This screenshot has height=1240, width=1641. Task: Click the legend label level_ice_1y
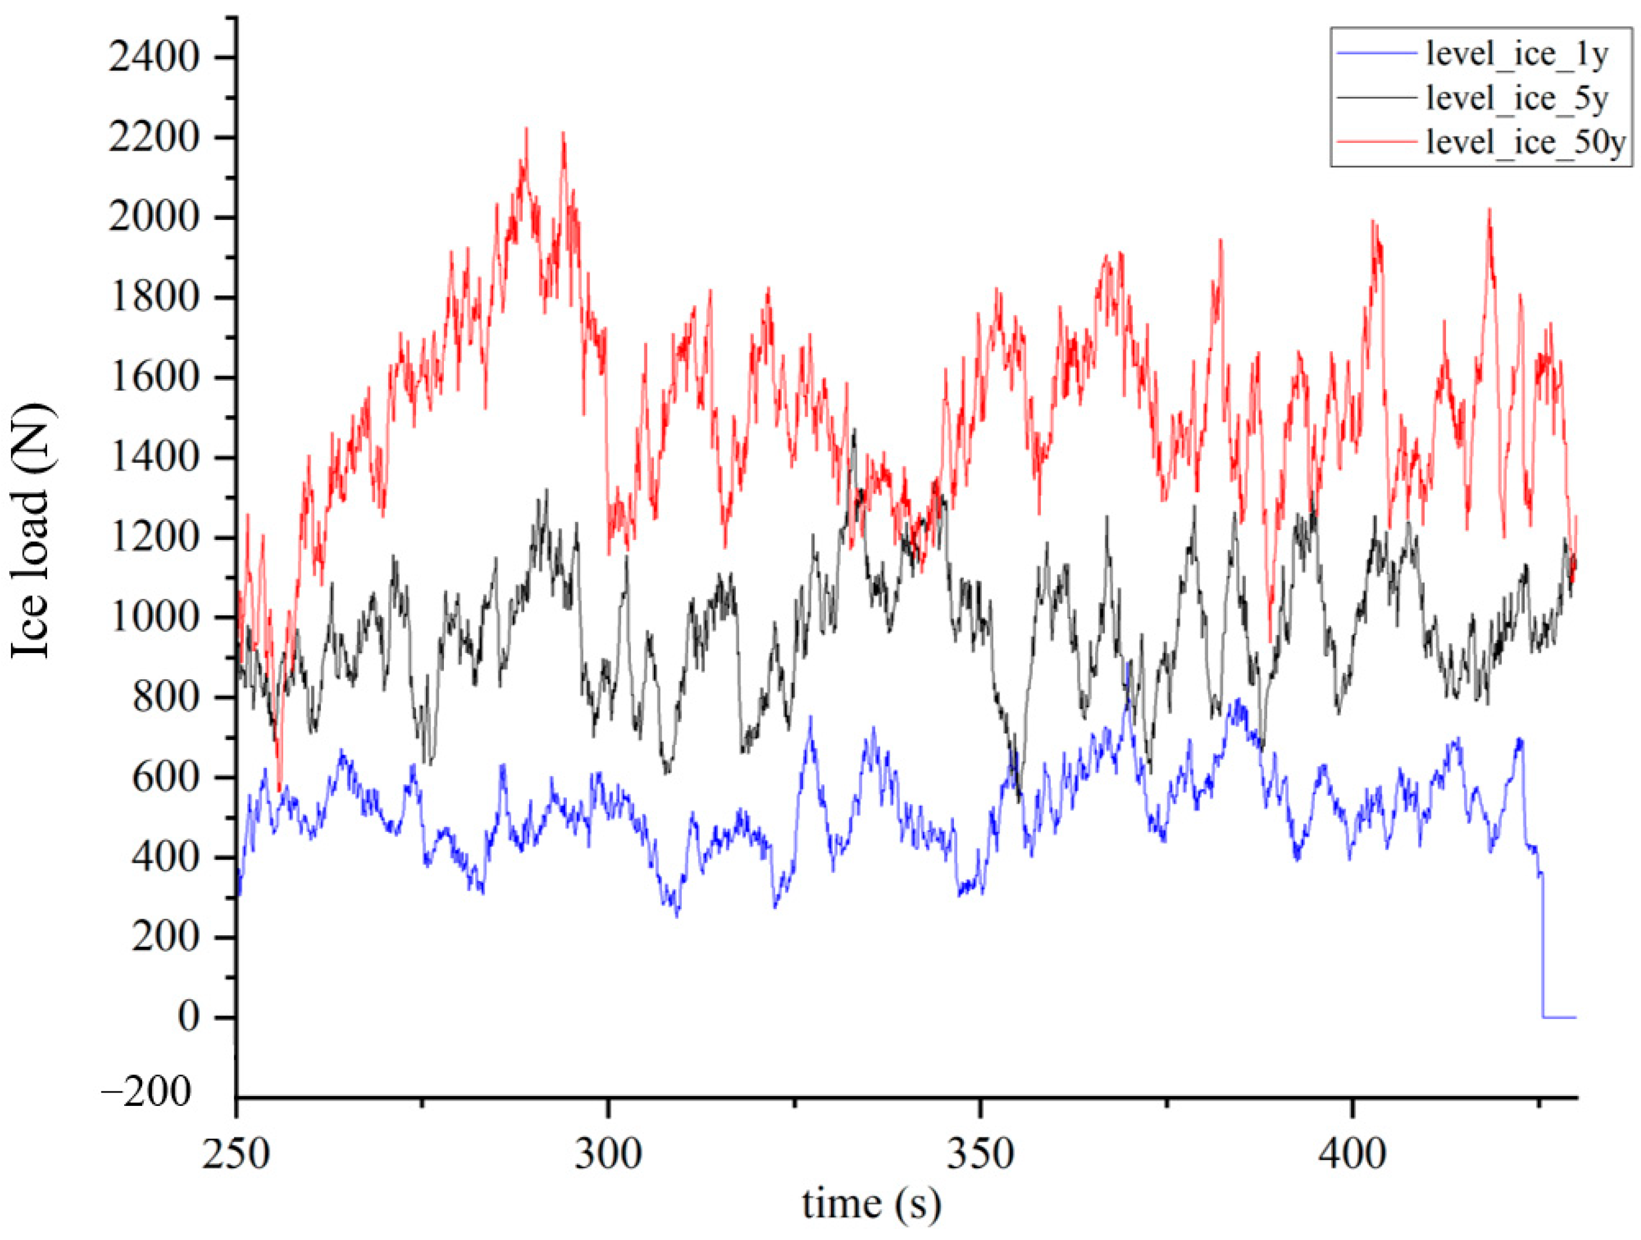pos(1516,56)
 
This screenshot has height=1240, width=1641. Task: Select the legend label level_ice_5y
pos(1516,99)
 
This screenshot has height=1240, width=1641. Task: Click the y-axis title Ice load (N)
pos(31,531)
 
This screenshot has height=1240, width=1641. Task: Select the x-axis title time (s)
pos(871,1203)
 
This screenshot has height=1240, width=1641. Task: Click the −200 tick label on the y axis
pos(146,1094)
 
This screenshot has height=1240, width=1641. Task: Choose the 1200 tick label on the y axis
pos(154,537)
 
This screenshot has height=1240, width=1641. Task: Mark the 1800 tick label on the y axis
pos(154,298)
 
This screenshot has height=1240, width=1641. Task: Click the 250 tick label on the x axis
pos(237,1155)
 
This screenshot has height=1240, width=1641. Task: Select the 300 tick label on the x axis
pos(608,1155)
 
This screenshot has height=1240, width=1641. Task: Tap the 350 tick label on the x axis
pos(981,1155)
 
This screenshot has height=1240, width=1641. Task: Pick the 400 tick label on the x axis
pos(1353,1155)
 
